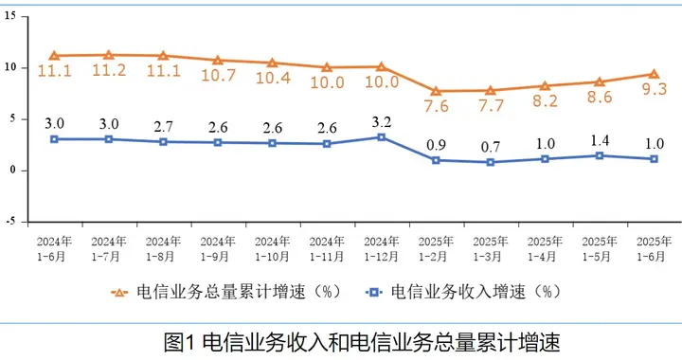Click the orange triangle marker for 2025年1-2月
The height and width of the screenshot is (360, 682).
pyautogui.click(x=436, y=91)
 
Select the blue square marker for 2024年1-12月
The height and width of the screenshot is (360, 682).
pyautogui.click(x=381, y=136)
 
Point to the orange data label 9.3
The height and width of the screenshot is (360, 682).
pyautogui.click(x=653, y=91)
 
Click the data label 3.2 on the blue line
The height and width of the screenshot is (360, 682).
pyautogui.click(x=381, y=120)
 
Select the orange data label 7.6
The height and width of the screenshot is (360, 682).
pyautogui.click(x=436, y=107)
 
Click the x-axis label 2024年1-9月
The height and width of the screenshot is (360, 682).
pyautogui.click(x=218, y=248)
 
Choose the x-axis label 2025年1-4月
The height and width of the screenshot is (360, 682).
pyautogui.click(x=545, y=248)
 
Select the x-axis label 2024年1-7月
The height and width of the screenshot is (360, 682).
pyautogui.click(x=108, y=248)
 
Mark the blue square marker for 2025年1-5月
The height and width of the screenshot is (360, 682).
pyautogui.click(x=599, y=155)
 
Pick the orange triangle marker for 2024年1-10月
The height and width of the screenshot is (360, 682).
pyautogui.click(x=272, y=63)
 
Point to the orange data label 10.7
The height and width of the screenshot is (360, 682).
pyautogui.click(x=218, y=76)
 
